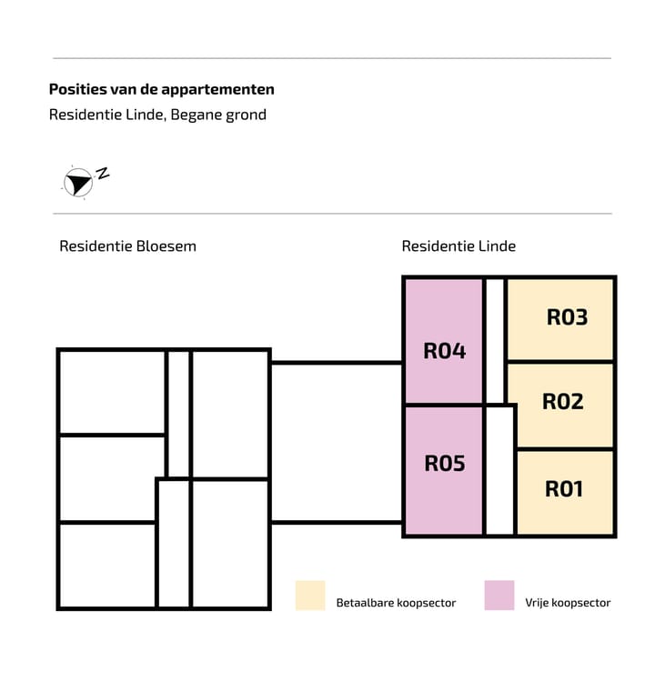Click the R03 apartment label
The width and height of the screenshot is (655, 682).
(x=567, y=317)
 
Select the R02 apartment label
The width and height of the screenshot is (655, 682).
(x=563, y=401)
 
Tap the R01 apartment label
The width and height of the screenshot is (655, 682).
(x=564, y=489)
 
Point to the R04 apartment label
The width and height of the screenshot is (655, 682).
(x=444, y=351)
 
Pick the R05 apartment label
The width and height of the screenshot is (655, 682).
(x=445, y=463)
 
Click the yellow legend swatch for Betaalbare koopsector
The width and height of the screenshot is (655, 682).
(x=310, y=595)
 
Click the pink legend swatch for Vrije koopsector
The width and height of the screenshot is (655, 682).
(x=499, y=595)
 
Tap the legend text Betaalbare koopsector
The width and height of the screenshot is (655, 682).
(x=396, y=603)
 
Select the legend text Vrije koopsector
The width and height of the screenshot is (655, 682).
(x=568, y=603)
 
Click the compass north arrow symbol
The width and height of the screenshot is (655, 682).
(x=78, y=183)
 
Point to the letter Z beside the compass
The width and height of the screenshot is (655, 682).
(x=103, y=173)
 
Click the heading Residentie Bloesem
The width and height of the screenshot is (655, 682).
(x=127, y=246)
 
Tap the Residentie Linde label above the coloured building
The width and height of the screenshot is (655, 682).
(x=458, y=246)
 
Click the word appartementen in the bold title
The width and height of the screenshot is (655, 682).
(x=217, y=90)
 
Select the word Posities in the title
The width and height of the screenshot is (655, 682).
(x=77, y=89)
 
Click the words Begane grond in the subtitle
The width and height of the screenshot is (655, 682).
(x=218, y=115)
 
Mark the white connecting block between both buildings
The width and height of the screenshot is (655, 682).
(x=337, y=442)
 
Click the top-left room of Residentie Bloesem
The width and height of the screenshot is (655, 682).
(x=112, y=392)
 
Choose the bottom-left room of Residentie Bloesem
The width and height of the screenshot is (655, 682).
(x=107, y=565)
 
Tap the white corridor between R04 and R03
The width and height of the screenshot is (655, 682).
(x=495, y=341)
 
